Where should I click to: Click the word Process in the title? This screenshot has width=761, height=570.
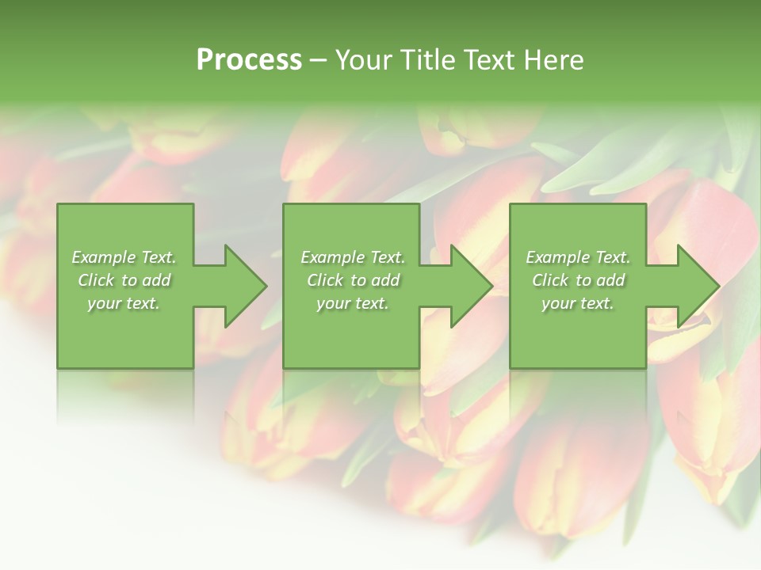[249, 60]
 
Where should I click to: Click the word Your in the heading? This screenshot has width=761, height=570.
[364, 60]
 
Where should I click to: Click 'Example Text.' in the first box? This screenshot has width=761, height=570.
[124, 257]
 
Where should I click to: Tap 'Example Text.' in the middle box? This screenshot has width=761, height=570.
[353, 257]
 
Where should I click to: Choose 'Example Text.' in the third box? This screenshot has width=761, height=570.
[578, 257]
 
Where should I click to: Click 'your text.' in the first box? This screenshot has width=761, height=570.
[124, 303]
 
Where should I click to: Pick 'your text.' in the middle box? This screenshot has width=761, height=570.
[353, 303]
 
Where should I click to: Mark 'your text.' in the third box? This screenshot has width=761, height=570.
[578, 303]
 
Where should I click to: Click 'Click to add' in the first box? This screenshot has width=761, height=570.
[124, 280]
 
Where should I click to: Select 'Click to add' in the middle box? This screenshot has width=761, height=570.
[353, 280]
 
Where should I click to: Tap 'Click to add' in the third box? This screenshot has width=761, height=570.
[578, 280]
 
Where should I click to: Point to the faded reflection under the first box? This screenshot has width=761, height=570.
[125, 392]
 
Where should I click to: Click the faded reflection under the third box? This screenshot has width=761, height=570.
[578, 392]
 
